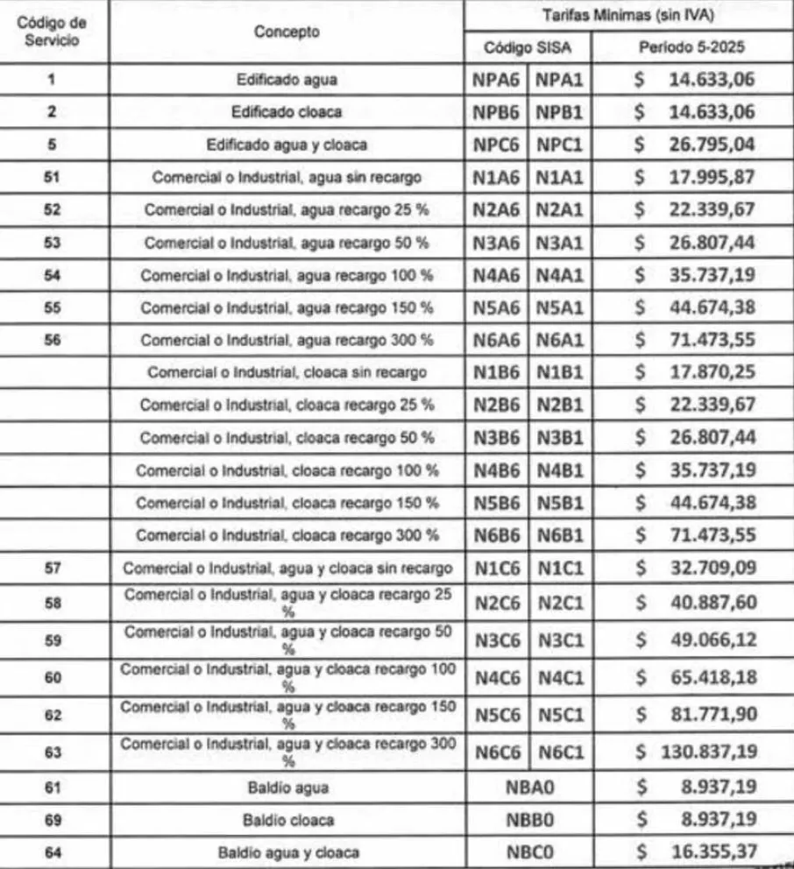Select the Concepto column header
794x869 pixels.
click(x=286, y=32)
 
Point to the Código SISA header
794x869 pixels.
click(x=528, y=47)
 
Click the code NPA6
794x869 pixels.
click(x=497, y=81)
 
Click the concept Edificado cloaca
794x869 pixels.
click(x=286, y=113)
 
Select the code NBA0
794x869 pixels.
click(x=529, y=787)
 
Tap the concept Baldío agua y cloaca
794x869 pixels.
click(x=286, y=851)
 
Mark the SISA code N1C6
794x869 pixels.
click(x=497, y=569)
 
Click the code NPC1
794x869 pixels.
click(x=561, y=145)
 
